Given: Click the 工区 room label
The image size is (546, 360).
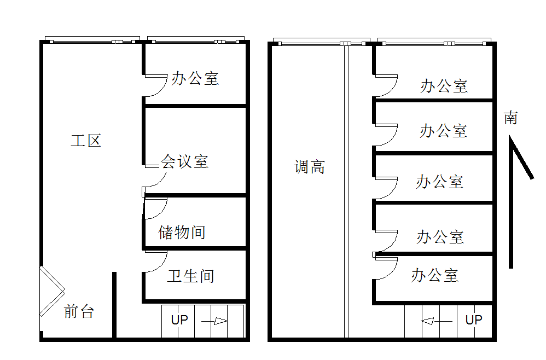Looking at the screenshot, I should (86, 141).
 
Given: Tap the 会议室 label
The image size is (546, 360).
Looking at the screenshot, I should (184, 161).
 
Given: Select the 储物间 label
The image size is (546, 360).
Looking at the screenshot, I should (182, 232).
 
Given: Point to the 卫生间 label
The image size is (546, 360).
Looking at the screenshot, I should (190, 276).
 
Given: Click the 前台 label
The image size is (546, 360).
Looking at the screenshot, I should (79, 311).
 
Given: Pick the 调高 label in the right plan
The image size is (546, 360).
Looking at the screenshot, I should (310, 167).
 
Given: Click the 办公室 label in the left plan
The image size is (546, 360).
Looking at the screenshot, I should (195, 78).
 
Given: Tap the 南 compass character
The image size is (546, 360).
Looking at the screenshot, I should (510, 118).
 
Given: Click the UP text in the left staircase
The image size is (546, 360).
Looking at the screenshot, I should (179, 320).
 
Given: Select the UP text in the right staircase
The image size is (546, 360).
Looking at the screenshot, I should (474, 320).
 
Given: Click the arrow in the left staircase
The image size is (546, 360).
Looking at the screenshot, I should (216, 321).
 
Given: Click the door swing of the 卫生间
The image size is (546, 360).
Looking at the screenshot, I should (156, 262).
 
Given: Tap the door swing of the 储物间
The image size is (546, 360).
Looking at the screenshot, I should (156, 208).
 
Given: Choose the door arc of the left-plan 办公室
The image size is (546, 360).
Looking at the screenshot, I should (156, 86).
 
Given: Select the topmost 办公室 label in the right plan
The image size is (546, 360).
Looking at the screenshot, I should (444, 86).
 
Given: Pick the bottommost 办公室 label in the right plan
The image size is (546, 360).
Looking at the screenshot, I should (434, 275).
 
